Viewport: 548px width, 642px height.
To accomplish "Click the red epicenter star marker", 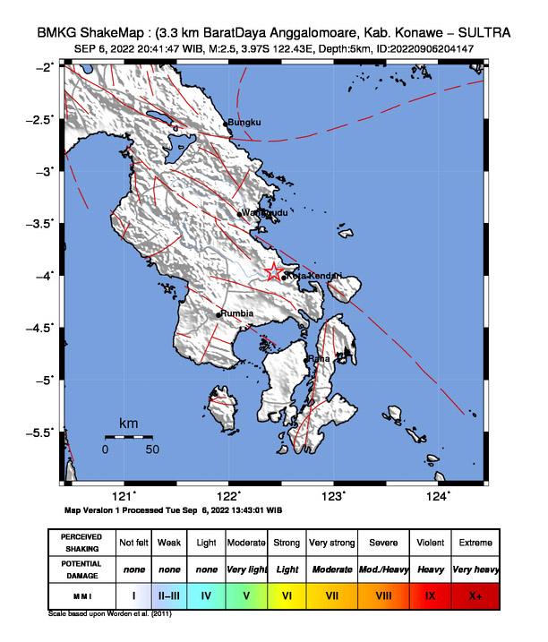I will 275,273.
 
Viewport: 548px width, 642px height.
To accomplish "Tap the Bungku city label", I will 244,123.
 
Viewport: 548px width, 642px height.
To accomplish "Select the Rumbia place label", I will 237,313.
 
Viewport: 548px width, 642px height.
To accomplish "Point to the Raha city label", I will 320,359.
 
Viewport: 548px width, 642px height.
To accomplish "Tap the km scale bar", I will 129,437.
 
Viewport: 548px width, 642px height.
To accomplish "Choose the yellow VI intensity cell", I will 287,594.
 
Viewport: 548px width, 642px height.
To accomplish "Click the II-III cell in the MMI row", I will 169,594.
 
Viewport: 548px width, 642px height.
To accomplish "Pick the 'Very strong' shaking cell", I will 331,543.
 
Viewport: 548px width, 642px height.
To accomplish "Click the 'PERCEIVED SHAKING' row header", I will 81,543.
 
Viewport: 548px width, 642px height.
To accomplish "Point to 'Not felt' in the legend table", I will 133,543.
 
